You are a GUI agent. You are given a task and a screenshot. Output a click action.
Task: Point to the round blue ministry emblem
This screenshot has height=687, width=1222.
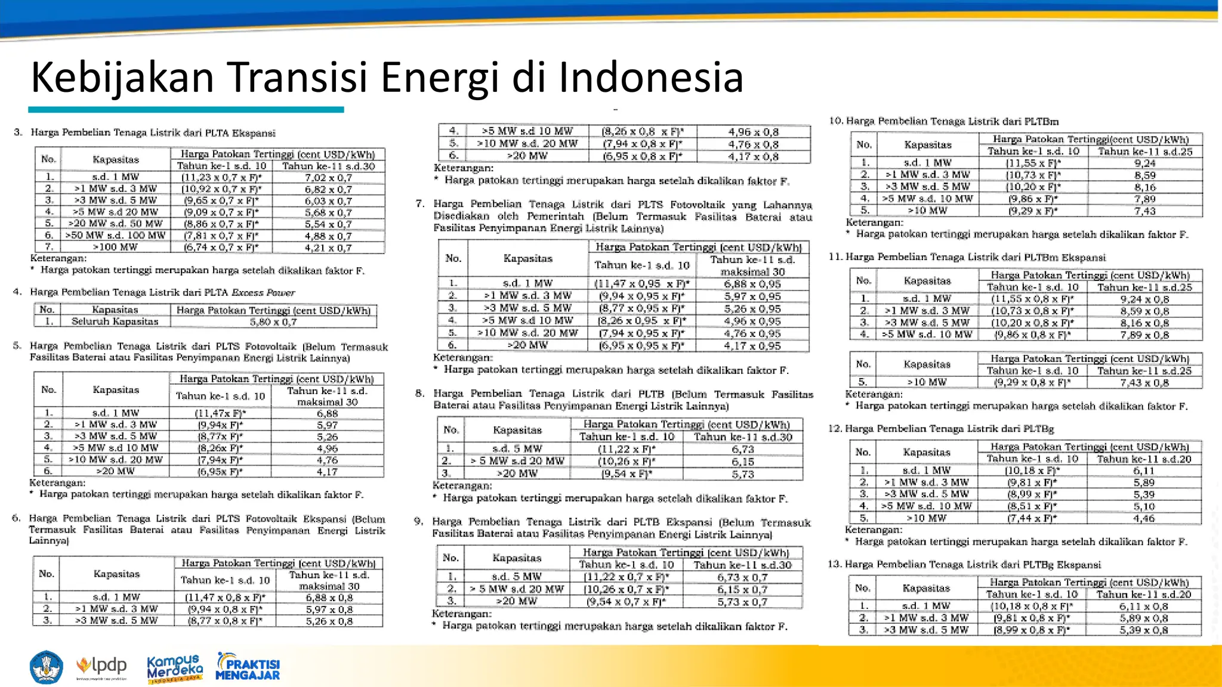(x=46, y=667)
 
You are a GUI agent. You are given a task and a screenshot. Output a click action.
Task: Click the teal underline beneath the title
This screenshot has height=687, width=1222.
(x=186, y=110)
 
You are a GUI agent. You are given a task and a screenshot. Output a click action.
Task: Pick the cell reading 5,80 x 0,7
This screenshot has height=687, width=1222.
(x=273, y=322)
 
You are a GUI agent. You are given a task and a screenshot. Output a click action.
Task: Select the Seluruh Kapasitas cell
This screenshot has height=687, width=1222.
(x=115, y=321)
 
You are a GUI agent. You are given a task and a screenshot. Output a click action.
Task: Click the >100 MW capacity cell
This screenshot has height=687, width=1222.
(x=115, y=247)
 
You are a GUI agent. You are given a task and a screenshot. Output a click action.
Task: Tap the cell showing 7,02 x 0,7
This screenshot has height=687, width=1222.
(x=328, y=178)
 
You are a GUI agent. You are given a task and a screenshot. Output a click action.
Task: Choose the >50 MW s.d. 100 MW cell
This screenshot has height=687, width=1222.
(x=115, y=236)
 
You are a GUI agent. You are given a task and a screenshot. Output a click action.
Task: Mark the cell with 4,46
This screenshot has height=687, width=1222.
(x=1144, y=519)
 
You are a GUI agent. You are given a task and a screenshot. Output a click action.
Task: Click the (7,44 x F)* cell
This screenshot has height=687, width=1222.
(x=1032, y=519)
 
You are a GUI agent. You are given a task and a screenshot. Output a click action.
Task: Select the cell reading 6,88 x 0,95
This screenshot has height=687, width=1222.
(x=752, y=284)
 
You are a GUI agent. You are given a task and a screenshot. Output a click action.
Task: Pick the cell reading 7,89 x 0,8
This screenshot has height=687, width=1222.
(x=1144, y=335)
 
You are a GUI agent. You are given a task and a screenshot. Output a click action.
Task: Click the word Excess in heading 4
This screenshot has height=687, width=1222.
(x=248, y=293)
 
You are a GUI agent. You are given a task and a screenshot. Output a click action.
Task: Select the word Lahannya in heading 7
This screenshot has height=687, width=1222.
(x=788, y=205)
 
